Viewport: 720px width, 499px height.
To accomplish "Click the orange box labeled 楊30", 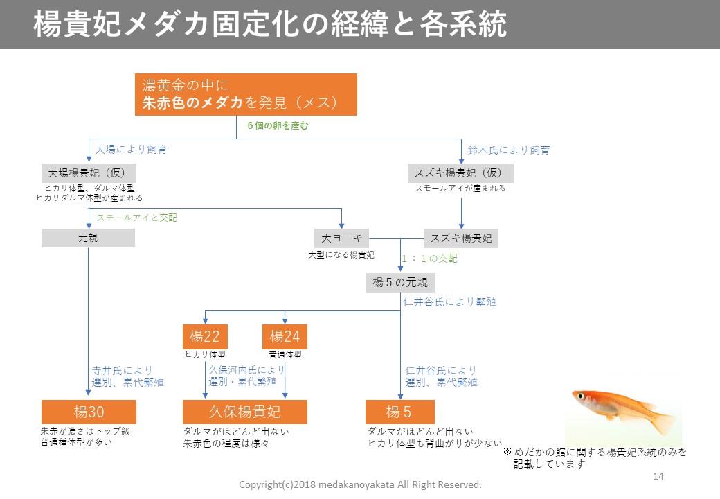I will coord(88,412).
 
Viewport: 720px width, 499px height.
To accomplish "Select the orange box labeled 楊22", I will coord(205,337).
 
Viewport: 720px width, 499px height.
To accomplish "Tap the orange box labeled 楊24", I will coord(285,337).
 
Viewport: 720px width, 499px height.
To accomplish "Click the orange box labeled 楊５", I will coord(400,412).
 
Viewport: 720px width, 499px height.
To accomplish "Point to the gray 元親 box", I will coord(88,238).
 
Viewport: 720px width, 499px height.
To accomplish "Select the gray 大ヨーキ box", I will coord(341,238).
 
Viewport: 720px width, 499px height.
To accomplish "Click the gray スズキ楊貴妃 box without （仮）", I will coord(461,238).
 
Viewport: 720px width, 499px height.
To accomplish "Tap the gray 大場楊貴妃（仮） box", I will coord(88,173).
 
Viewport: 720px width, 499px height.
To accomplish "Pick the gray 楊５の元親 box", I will coord(400,282).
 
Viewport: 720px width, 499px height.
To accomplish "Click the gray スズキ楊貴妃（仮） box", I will coord(459,173).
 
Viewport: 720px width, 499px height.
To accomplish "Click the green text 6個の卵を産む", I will coord(278,126).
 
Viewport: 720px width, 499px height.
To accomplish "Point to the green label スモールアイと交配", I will coord(136,218).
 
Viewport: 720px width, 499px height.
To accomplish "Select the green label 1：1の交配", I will coord(429,259).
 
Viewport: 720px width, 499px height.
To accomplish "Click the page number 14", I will coord(658,476).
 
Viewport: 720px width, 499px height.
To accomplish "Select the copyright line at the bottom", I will coord(359,484).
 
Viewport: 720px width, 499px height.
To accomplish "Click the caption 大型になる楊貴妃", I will coord(341,254).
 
